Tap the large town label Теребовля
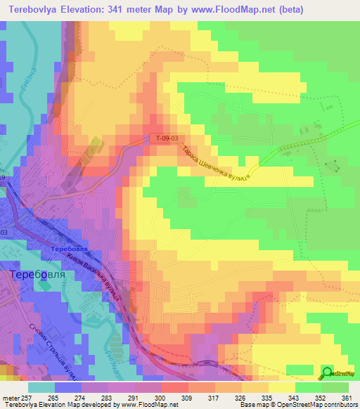(37, 275)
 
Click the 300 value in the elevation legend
(167, 397)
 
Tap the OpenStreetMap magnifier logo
(328, 372)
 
